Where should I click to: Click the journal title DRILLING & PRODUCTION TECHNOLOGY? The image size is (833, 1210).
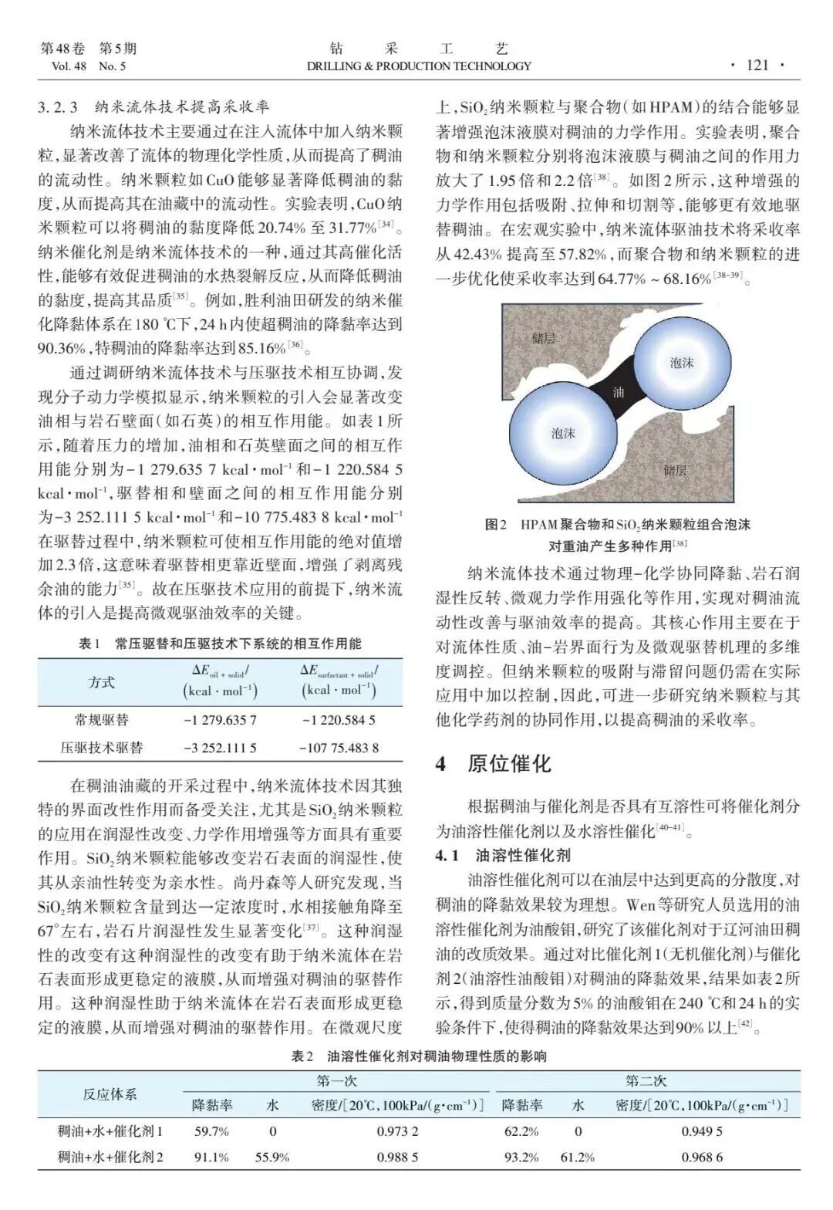(x=419, y=66)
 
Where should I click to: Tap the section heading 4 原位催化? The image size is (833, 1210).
(x=494, y=764)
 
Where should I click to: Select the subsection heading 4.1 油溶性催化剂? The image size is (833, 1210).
(x=503, y=855)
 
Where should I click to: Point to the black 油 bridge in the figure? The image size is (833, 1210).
(x=617, y=392)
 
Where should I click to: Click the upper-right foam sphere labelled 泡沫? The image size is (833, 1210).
(x=681, y=362)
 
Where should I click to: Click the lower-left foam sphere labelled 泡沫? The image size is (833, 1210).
(x=563, y=433)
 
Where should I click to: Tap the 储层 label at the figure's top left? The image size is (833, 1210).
(x=543, y=337)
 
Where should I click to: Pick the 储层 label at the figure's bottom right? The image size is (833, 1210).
(x=674, y=469)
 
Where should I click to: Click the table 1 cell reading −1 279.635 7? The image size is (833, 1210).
(x=220, y=720)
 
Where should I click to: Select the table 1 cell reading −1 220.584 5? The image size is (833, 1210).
(x=339, y=720)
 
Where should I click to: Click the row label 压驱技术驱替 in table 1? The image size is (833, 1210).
(x=102, y=747)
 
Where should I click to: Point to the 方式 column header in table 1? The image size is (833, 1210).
(x=102, y=682)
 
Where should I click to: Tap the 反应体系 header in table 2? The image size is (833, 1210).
(x=110, y=1093)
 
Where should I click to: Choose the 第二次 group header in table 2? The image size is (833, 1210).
(x=646, y=1081)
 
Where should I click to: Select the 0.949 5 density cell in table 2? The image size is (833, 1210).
(x=702, y=1131)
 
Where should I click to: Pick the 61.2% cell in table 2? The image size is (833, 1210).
(x=578, y=1157)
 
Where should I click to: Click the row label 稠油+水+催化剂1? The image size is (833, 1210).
(x=110, y=1131)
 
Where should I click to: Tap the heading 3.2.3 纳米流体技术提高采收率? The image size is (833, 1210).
(x=154, y=107)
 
